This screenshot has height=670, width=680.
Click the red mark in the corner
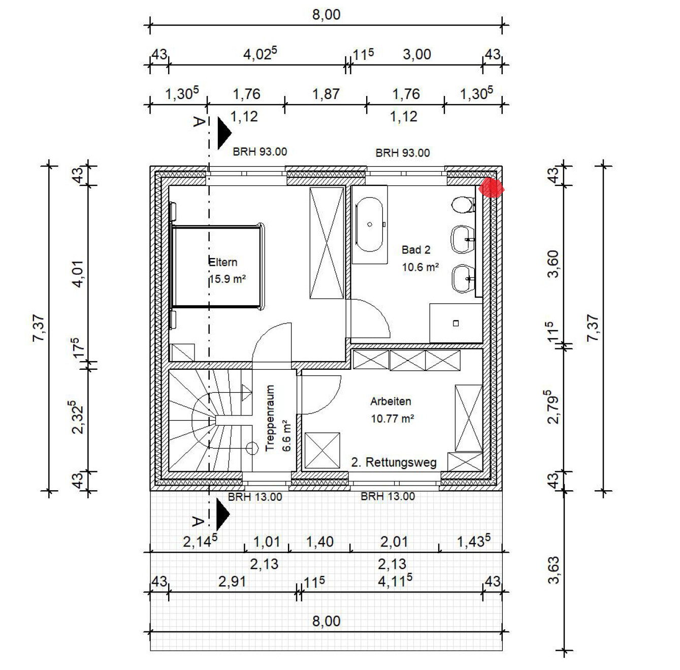coord(491,187)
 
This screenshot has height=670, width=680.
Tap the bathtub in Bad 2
coord(370,225)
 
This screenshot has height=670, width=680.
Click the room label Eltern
coord(223,262)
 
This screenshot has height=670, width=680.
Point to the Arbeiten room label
coord(391,401)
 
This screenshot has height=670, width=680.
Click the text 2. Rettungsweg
coord(394,462)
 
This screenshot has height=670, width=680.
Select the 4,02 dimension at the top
coord(260,54)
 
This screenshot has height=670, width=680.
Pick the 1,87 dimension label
coord(326,94)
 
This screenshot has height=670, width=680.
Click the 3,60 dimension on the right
coord(554,264)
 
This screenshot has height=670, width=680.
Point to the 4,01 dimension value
coord(78,274)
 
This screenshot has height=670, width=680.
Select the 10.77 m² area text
coord(393,419)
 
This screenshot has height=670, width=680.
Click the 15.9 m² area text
coord(228,279)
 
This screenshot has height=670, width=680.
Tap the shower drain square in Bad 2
coord(456,323)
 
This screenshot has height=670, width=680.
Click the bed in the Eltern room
coord(217,267)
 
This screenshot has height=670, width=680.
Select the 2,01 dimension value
coord(394,541)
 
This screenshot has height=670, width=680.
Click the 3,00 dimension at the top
coord(417,55)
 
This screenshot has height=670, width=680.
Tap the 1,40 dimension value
coord(319,542)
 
